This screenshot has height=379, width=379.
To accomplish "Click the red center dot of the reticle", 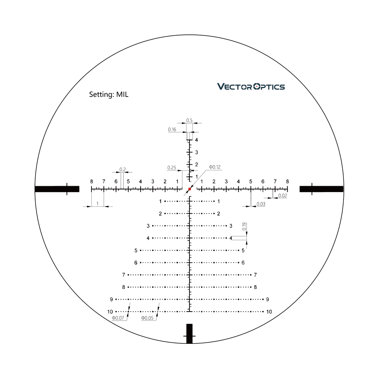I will click(x=189, y=189).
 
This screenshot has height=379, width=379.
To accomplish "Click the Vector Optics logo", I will click(x=251, y=87).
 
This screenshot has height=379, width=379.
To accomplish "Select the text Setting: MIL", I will click(x=108, y=94).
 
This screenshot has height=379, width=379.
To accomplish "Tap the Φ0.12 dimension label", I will click(x=215, y=167).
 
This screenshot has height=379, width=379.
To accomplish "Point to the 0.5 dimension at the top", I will click(x=189, y=120).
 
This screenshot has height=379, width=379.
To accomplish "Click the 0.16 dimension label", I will click(x=172, y=130).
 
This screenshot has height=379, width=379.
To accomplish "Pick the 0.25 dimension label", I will click(x=172, y=168).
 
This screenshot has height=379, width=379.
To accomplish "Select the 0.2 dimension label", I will click(x=123, y=170).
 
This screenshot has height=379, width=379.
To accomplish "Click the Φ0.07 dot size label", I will click(x=118, y=318).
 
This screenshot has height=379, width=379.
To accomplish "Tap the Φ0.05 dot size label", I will click(x=147, y=318).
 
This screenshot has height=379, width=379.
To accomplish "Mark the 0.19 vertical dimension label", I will click(x=244, y=227).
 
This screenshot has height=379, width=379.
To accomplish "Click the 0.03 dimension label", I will click(x=261, y=204).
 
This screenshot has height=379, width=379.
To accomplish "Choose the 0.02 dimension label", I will click(x=282, y=195).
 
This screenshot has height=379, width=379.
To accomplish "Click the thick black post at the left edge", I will click(x=57, y=189).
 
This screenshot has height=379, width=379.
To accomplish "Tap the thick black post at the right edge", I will click(x=321, y=189).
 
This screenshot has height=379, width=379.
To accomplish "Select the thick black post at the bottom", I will click(x=189, y=333).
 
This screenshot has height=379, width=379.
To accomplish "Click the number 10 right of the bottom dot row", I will click(x=269, y=312).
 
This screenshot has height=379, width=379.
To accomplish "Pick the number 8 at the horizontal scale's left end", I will click(x=91, y=181).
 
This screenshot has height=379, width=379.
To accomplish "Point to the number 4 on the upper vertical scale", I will click(x=197, y=140).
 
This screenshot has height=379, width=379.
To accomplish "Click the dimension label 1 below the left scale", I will click(x=97, y=204).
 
